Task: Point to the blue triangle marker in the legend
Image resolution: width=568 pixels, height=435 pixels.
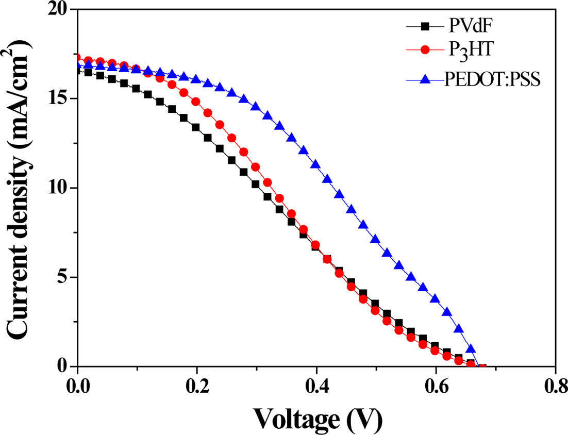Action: click(x=425, y=79)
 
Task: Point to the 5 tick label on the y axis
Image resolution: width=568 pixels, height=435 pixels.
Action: click(x=61, y=277)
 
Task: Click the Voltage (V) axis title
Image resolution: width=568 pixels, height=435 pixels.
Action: click(x=316, y=419)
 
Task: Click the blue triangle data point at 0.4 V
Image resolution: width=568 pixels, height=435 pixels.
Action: click(x=315, y=164)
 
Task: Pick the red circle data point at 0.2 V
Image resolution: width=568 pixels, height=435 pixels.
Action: click(x=196, y=102)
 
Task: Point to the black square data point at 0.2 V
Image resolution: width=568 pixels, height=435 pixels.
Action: click(x=196, y=127)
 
